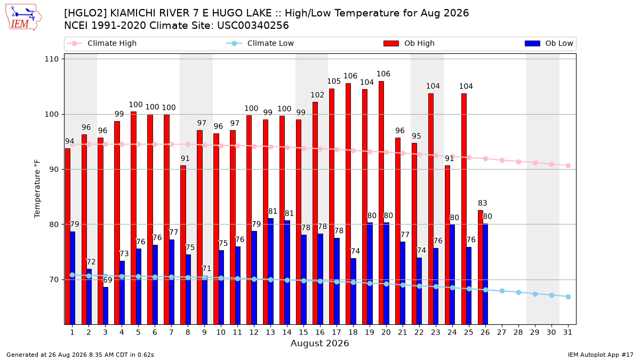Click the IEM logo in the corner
click(23, 17)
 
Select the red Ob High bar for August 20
click(381, 203)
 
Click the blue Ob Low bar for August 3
click(106, 306)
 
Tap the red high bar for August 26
click(481, 267)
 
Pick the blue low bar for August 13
click(270, 271)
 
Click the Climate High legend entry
click(102, 43)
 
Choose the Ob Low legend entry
click(549, 43)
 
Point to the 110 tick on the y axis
click(51, 59)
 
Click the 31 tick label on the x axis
click(567, 332)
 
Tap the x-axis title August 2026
click(319, 343)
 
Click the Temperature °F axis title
click(37, 189)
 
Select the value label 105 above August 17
click(334, 82)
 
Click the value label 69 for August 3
click(107, 280)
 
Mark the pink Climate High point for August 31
click(568, 166)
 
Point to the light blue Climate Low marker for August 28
click(518, 293)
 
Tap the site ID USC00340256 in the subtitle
click(253, 26)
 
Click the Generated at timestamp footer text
click(80, 355)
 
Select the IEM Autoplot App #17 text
click(601, 355)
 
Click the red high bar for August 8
click(183, 245)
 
